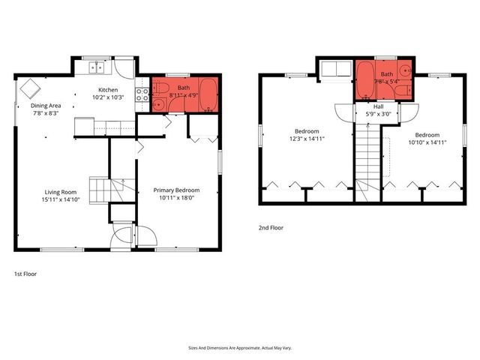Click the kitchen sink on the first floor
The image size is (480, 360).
(x=97, y=68)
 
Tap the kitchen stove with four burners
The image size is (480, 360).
(x=141, y=94)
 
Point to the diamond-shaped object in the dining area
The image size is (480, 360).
(x=31, y=88)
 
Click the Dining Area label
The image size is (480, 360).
(x=45, y=106)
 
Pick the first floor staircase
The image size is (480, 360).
(x=101, y=190)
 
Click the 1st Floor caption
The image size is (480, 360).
(x=25, y=274)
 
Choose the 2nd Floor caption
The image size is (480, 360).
(x=271, y=228)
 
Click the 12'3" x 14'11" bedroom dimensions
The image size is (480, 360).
(x=306, y=139)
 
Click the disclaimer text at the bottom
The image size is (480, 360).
(x=239, y=348)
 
